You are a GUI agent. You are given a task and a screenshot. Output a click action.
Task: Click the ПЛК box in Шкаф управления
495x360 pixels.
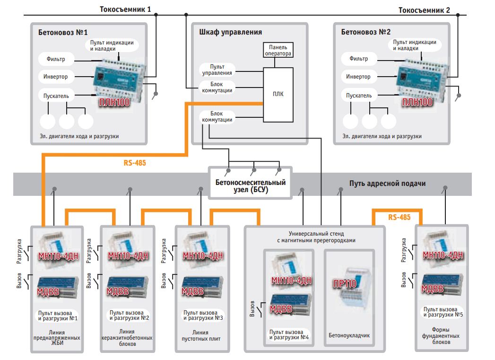tap(278, 94)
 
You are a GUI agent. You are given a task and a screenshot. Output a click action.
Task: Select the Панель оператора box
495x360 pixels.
tap(278, 50)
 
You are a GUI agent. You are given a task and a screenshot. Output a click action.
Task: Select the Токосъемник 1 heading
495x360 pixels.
tap(126, 9)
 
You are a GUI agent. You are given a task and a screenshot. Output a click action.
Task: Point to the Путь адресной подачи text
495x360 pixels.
tap(388, 183)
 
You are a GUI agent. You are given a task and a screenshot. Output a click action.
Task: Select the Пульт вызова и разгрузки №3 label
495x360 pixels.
tap(203, 315)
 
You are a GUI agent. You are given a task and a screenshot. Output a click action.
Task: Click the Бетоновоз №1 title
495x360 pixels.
tap(63, 33)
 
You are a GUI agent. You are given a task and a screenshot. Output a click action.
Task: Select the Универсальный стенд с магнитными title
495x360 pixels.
tap(316, 237)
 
